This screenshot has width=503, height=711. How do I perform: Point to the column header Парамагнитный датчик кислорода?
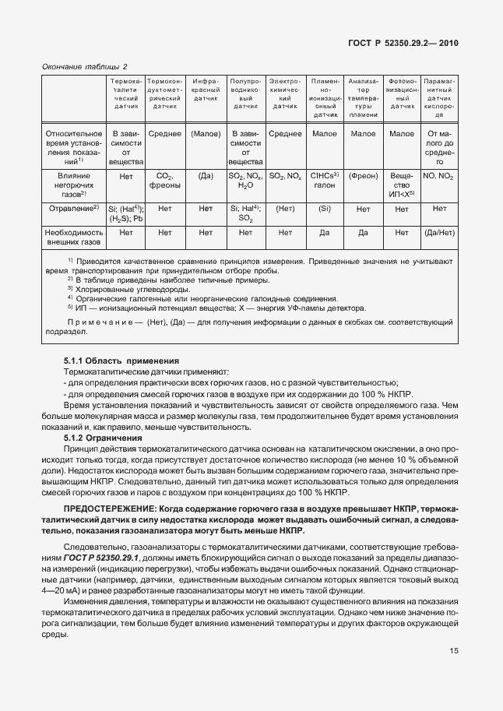[x=439, y=97]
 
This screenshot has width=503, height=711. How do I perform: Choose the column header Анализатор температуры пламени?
[x=363, y=97]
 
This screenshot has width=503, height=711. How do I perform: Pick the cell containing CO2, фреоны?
[x=164, y=181]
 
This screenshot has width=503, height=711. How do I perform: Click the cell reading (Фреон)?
[x=363, y=177]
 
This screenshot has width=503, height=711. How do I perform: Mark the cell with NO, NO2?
[x=439, y=177]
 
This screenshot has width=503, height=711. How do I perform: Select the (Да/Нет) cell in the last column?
[x=439, y=232]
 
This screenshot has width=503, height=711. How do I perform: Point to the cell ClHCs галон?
[x=324, y=181]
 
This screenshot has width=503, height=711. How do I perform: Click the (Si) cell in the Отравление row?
[x=324, y=209]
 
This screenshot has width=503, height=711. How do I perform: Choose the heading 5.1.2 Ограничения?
[x=103, y=438]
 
